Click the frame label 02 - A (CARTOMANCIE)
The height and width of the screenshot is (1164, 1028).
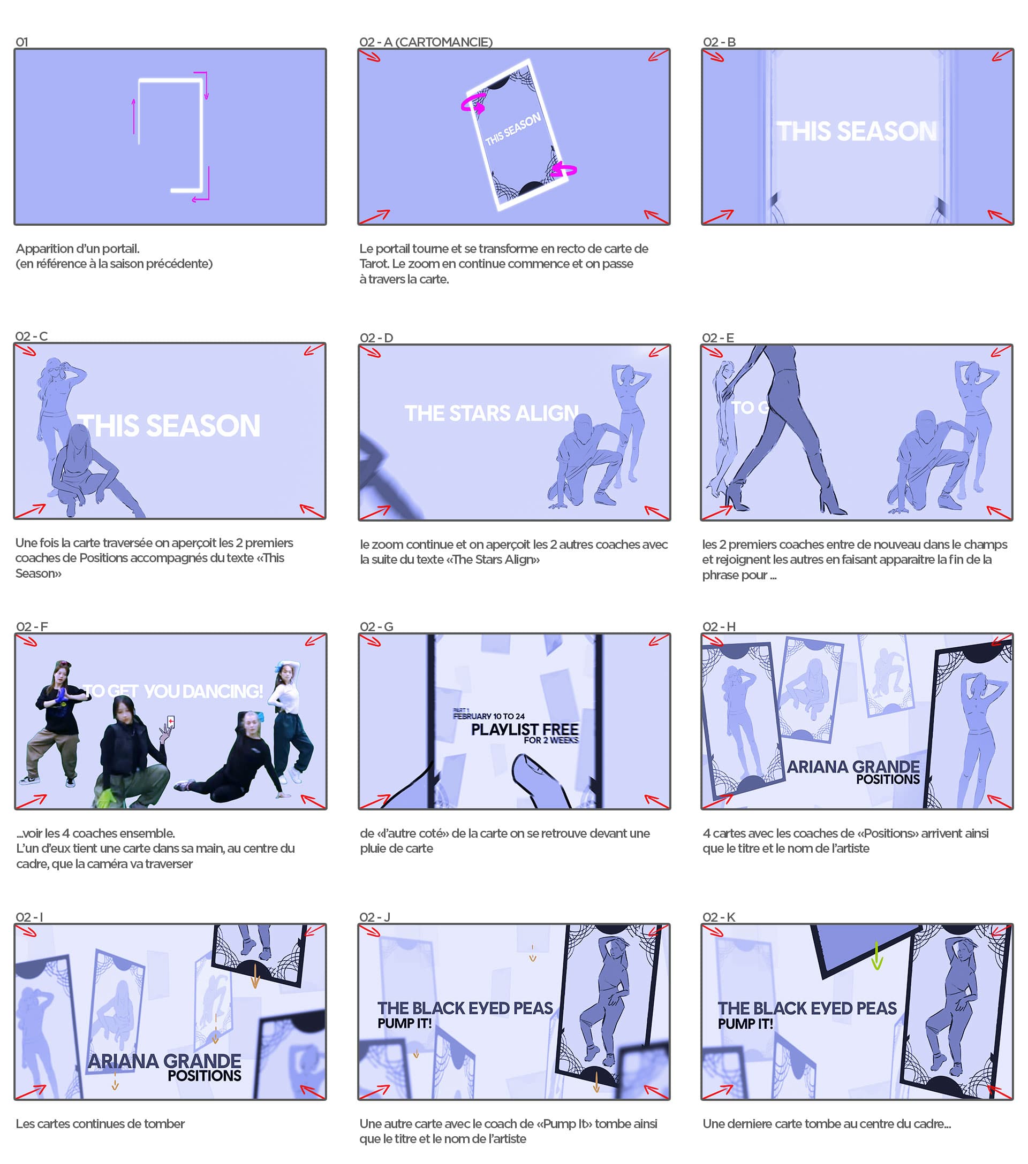click(x=426, y=42)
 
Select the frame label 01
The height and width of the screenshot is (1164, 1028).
click(x=21, y=42)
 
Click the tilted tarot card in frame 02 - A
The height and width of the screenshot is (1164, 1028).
click(x=516, y=134)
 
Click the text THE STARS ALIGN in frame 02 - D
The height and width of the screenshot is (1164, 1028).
click(x=491, y=413)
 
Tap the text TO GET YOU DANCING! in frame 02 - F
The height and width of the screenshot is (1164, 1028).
click(x=174, y=691)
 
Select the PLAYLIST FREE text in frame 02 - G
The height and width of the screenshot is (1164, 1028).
click(x=524, y=729)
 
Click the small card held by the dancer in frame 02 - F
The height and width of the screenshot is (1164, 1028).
click(x=170, y=722)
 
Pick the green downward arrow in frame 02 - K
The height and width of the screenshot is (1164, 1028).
click(x=876, y=955)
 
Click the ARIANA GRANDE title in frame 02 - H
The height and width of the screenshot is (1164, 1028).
click(x=853, y=767)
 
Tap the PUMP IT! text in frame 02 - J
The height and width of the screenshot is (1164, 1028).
click(x=404, y=1023)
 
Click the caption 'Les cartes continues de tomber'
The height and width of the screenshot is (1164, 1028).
click(x=100, y=1123)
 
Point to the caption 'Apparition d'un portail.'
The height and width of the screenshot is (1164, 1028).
click(x=78, y=248)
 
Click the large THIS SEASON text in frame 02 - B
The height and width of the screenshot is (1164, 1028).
click(x=857, y=131)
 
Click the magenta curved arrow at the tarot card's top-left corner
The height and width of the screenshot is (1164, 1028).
click(x=473, y=104)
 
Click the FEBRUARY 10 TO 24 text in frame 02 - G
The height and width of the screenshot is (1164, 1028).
click(x=488, y=716)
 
